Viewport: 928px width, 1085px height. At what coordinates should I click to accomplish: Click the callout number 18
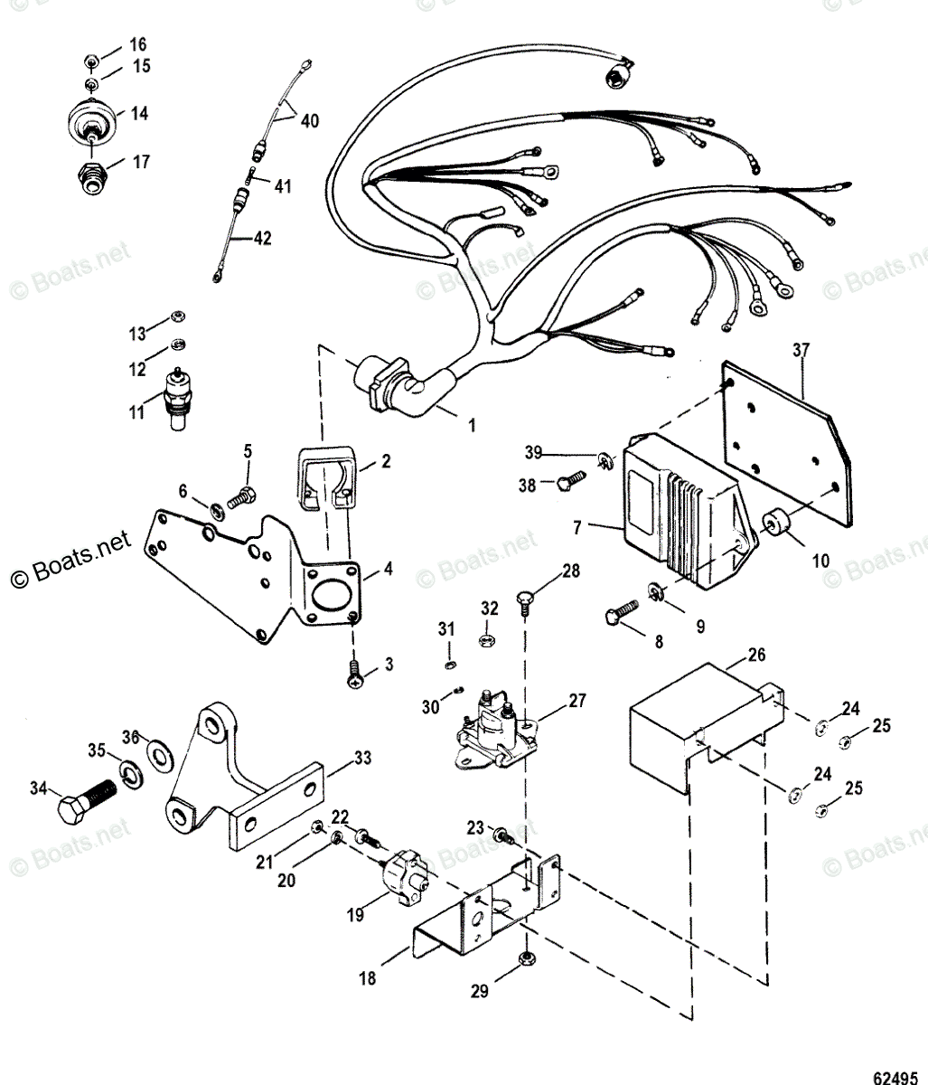(x=367, y=977)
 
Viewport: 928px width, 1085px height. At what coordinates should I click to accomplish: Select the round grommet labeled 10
(x=774, y=524)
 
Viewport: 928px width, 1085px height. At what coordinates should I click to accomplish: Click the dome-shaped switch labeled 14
(x=92, y=118)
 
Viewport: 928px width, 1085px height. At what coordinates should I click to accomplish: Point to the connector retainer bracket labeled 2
(x=324, y=474)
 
